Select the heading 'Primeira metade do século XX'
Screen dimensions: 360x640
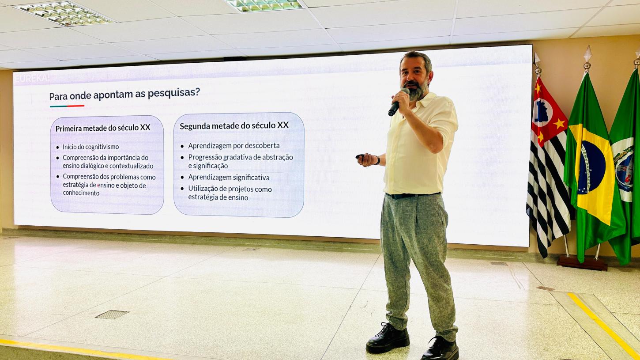coord(103,128)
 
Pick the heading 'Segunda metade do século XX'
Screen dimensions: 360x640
coord(234,125)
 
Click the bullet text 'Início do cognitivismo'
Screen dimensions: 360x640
coord(90,147)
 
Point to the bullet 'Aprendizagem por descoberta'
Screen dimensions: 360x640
coord(233,145)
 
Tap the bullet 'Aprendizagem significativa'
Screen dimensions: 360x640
coord(229,178)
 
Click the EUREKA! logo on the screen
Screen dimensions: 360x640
coord(32,78)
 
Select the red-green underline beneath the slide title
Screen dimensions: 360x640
coord(67,106)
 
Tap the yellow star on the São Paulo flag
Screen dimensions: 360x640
coord(559,123)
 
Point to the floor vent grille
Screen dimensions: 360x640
coord(112,315)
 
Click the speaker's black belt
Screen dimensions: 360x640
coord(412,195)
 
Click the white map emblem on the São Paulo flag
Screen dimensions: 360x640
coord(542,112)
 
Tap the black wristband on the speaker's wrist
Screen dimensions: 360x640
coord(378,160)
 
